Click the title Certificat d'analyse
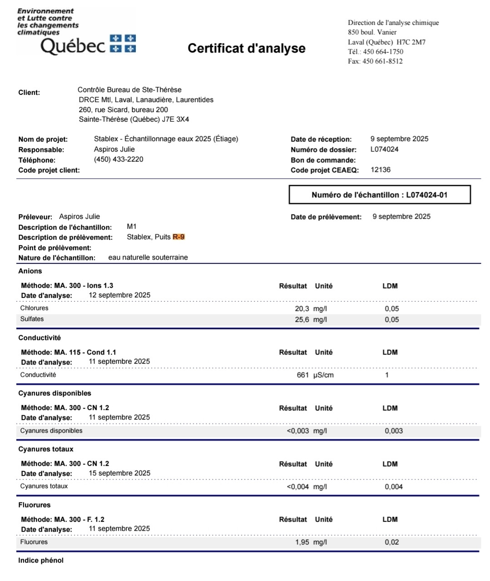click(246, 48)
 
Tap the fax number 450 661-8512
click(382, 61)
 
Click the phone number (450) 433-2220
click(119, 159)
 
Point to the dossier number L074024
click(384, 149)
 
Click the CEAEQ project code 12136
click(381, 170)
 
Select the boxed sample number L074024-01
click(380, 195)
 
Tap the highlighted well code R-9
click(178, 237)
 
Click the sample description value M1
click(132, 227)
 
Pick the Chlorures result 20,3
click(302, 309)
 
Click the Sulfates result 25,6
click(302, 320)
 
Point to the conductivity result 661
click(303, 375)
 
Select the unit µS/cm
click(323, 375)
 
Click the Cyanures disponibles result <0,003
click(298, 431)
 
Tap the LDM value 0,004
click(394, 487)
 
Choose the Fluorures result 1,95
click(302, 542)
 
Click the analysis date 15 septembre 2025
click(119, 473)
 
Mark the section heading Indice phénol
click(41, 561)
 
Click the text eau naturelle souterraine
click(148, 258)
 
